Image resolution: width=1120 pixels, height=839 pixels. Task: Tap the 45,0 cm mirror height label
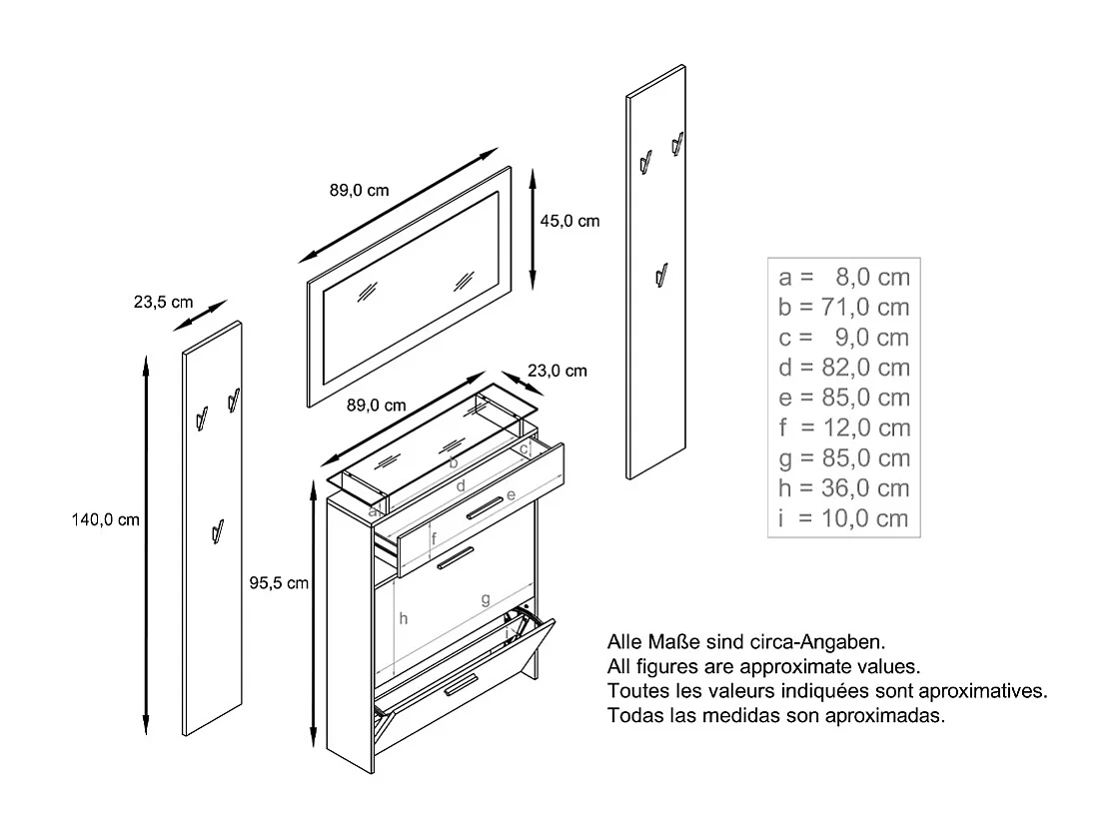[569, 221]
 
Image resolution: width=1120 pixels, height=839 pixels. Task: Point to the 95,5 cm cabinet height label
[279, 583]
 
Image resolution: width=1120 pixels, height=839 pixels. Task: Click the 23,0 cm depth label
[557, 371]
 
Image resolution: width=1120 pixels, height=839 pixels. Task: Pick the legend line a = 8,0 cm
[843, 277]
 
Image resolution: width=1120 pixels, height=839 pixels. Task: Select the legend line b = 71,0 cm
[843, 307]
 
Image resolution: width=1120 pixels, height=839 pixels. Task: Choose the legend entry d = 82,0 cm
[843, 368]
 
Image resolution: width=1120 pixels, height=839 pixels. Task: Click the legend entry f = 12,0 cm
[843, 427]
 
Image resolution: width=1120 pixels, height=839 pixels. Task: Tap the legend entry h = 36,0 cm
[843, 487]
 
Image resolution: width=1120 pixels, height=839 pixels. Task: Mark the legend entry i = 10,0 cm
[843, 518]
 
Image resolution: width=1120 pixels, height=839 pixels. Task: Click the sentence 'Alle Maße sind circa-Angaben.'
[745, 640]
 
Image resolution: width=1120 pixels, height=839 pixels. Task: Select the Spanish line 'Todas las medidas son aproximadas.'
[775, 716]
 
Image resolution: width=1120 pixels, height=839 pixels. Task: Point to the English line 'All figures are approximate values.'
[763, 665]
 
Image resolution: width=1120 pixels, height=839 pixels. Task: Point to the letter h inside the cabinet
[404, 618]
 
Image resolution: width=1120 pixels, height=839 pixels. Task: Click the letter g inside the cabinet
[485, 599]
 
